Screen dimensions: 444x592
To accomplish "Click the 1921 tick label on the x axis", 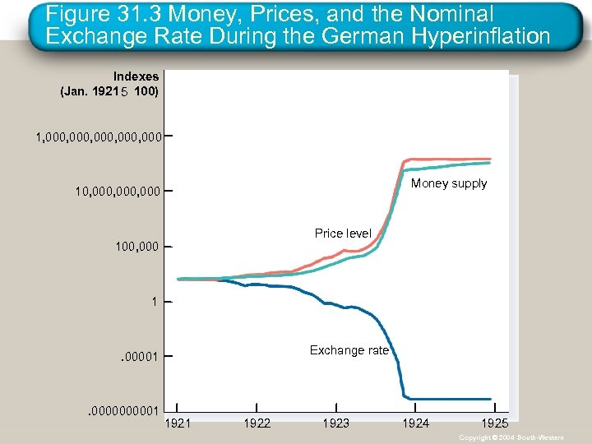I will (178, 423).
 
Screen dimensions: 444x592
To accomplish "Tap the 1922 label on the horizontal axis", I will (257, 423).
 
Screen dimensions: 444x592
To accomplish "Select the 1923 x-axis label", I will (335, 423).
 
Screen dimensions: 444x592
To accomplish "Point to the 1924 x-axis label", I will (415, 423).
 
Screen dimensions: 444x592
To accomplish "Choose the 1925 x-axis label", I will (494, 423).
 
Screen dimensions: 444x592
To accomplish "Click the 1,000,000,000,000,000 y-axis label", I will (98, 136).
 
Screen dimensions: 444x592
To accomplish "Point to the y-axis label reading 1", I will (154, 302).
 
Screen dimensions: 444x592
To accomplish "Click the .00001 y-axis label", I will (139, 357).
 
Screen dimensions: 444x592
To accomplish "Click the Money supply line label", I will (449, 183).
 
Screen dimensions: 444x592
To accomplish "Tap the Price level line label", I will (343, 234).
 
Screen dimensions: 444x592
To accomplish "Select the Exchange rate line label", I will (349, 350).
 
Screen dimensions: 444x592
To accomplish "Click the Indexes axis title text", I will (136, 76).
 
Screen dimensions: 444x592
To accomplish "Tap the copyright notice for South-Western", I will (511, 437).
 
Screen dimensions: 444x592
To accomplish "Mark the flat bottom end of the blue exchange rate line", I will (452, 397).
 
